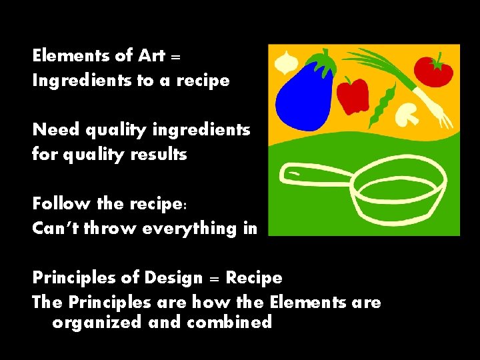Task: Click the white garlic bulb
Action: coord(287,63)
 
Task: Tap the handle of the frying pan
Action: coord(313,174)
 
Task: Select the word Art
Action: coord(153,55)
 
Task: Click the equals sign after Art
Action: coord(177,57)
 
